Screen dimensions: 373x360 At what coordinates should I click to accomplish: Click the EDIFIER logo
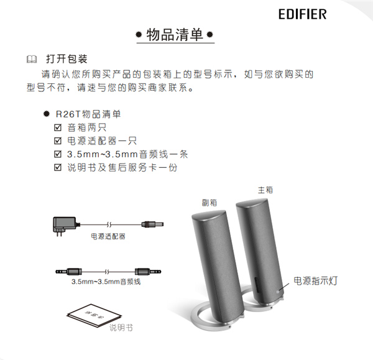(302, 14)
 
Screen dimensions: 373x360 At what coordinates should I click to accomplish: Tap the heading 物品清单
(175, 35)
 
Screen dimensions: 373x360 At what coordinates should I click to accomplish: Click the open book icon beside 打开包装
(32, 59)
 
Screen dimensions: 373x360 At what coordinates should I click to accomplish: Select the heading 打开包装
(67, 59)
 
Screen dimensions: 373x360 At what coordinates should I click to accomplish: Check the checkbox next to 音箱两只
(58, 127)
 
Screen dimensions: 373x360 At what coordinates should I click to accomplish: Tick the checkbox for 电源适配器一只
(58, 141)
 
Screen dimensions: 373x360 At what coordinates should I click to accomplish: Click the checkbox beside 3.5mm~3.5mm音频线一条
(58, 154)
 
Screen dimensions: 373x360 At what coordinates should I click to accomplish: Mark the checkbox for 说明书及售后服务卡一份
(58, 167)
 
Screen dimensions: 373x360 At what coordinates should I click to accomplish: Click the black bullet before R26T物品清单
(47, 114)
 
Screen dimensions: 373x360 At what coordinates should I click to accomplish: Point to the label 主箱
(265, 190)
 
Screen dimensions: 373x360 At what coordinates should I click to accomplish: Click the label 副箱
(210, 203)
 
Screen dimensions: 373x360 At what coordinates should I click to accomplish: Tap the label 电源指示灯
(315, 281)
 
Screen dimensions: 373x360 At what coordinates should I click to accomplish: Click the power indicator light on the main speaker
(278, 292)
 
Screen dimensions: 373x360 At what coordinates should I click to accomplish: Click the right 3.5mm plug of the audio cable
(148, 272)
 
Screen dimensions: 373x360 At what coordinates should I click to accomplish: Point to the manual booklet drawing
(94, 315)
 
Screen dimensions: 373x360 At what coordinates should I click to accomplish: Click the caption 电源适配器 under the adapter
(108, 236)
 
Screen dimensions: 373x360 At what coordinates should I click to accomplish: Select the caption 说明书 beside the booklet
(121, 328)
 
